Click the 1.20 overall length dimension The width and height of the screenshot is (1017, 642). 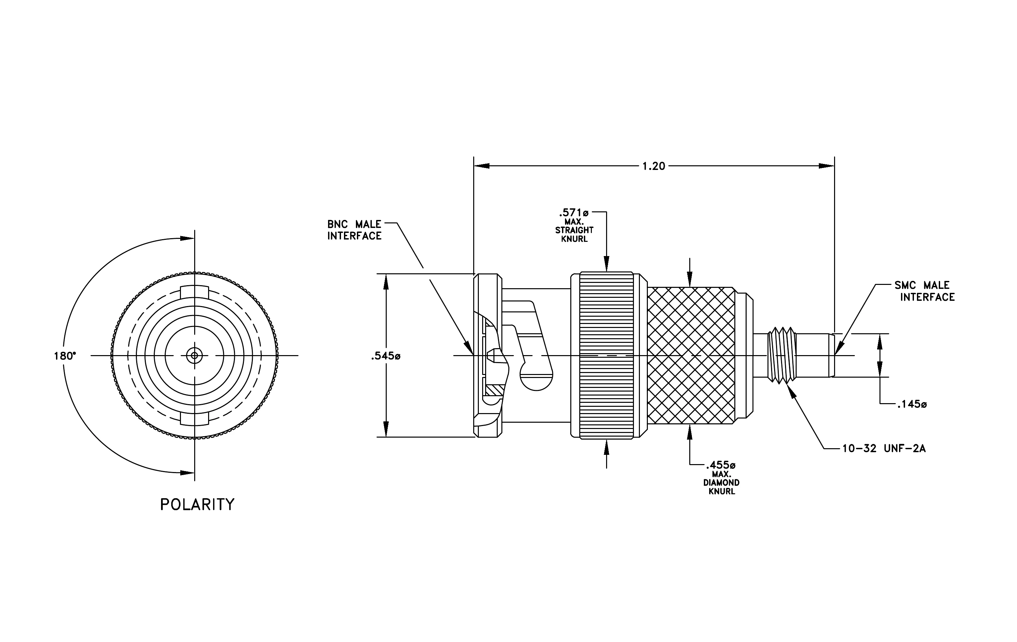[653, 166]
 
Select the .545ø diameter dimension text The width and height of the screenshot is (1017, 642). [386, 356]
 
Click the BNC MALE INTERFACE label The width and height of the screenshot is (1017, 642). [354, 230]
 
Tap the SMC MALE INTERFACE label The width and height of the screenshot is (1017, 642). [925, 291]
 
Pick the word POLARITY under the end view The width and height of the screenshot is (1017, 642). [197, 505]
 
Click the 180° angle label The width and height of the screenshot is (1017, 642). [65, 356]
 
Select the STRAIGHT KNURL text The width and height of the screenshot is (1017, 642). [574, 235]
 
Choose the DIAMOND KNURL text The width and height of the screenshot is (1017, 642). [721, 487]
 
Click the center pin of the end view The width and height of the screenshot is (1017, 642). [194, 355]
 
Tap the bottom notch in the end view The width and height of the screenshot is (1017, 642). [194, 419]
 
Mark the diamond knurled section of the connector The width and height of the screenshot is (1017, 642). [691, 355]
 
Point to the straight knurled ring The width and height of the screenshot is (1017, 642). [606, 356]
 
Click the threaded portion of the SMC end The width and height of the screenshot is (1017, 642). [781, 355]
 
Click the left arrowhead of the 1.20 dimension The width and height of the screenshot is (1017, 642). [481, 166]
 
